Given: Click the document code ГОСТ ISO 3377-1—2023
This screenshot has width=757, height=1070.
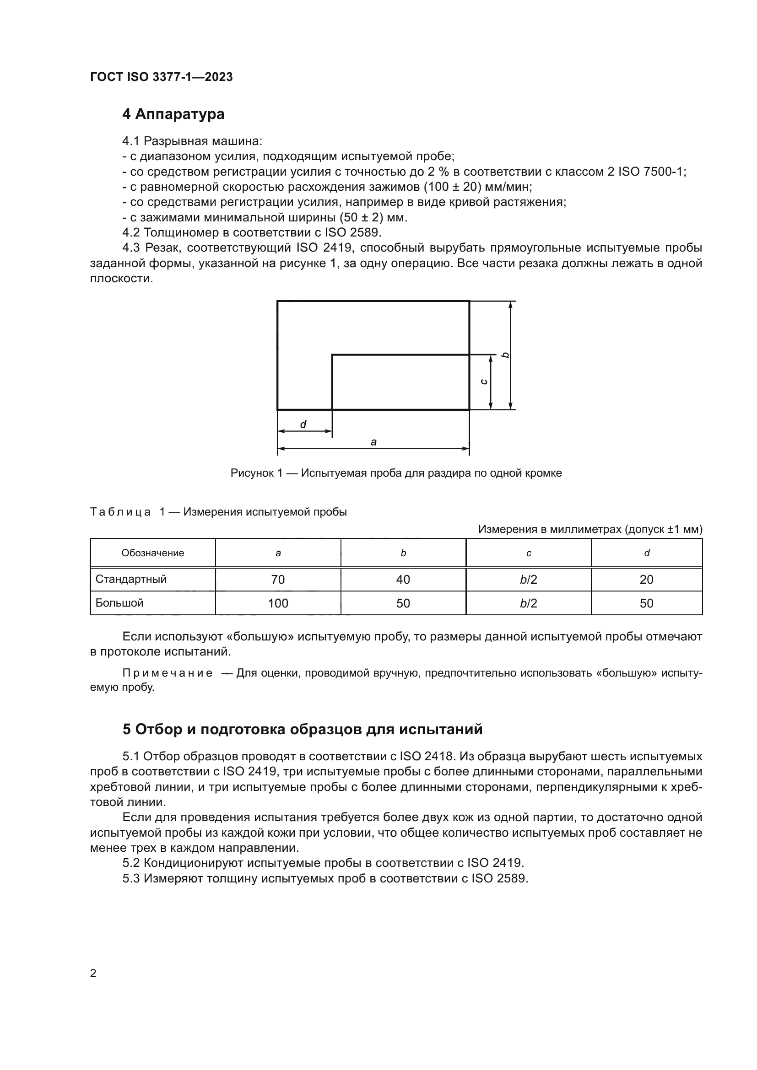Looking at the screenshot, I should pos(161,77).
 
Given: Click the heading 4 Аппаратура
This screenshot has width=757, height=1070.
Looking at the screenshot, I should pos(173,114).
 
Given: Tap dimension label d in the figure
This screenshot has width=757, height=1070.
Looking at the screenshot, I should pos(303,424).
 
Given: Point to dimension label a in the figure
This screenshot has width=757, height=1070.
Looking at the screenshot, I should pos(373,442).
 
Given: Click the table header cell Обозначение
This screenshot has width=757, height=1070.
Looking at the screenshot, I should pos(153,553).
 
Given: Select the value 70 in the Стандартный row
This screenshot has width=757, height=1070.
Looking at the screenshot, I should pos(278,579).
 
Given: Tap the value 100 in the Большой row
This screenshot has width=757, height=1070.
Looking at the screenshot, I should pos(278,603).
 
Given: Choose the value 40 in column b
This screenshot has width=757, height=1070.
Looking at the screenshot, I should pos(403,579).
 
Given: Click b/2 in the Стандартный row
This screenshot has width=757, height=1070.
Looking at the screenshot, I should pos(529,579).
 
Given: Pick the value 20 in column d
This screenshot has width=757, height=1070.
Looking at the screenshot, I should pos(647,579).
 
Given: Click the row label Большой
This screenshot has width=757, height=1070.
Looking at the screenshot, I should pos(119,602).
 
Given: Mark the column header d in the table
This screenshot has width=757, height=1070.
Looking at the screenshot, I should pos(647,553).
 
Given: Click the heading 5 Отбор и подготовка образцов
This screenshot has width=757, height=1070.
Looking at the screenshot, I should pos(302,729).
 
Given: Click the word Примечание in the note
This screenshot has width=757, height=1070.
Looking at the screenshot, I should pos(168,673).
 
